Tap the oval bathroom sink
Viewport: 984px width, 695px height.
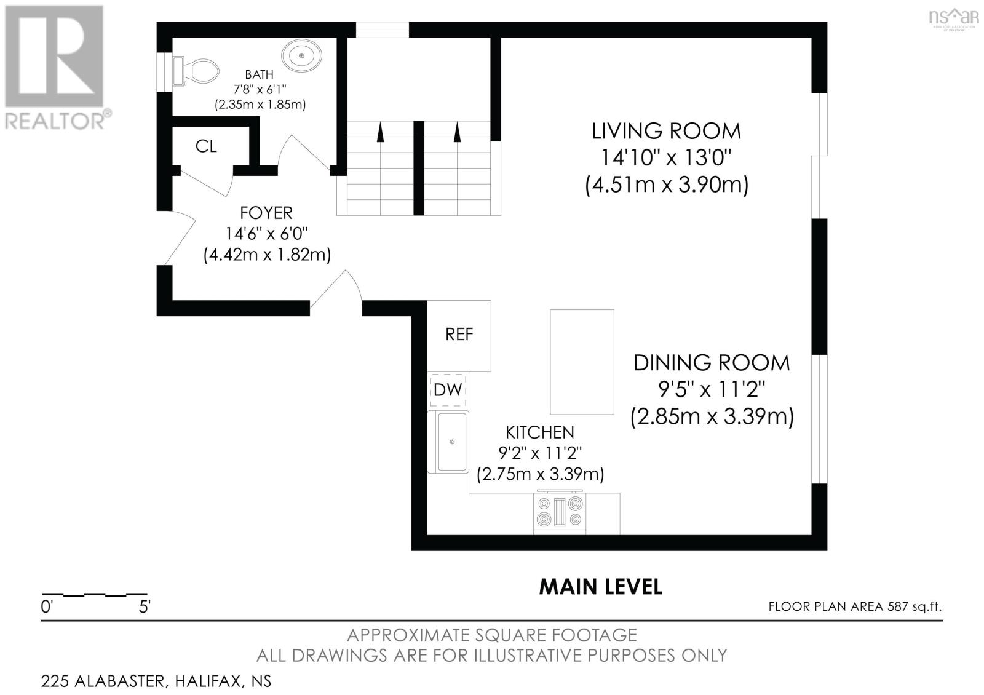[302, 56]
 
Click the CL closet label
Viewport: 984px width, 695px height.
[206, 146]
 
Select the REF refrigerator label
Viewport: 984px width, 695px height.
[459, 335]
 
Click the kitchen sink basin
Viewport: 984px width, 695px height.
[451, 442]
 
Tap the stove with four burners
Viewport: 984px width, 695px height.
[559, 513]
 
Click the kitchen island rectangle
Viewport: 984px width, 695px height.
[582, 362]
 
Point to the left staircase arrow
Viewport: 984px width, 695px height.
[381, 132]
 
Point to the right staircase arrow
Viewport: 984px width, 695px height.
[458, 132]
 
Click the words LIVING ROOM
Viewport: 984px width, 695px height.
[666, 132]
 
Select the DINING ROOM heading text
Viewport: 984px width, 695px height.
[712, 363]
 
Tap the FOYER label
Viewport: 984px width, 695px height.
[266, 213]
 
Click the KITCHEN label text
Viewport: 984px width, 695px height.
[540, 433]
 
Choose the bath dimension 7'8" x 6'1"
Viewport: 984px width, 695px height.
[260, 90]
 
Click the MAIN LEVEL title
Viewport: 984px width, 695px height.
[600, 587]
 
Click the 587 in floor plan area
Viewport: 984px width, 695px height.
[897, 606]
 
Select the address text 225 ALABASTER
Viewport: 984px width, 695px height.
[104, 681]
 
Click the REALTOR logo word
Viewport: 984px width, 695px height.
[55, 121]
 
